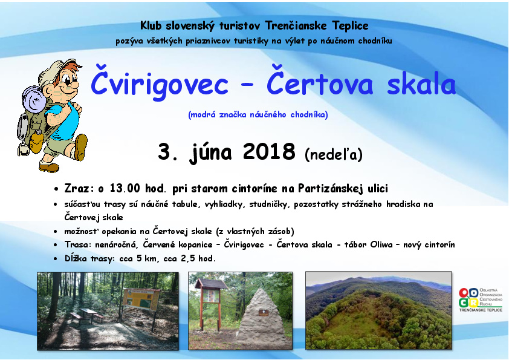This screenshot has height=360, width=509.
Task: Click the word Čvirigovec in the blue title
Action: tap(159, 83)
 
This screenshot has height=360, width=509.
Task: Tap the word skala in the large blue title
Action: tap(421, 84)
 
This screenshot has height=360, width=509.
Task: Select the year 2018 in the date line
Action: tap(269, 151)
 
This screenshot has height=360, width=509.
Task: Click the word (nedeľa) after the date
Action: tap(333, 154)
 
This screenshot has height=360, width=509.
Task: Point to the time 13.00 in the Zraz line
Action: tap(125, 188)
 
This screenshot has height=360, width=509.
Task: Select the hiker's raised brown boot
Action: tap(80, 147)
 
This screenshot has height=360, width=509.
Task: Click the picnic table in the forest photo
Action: tap(87, 315)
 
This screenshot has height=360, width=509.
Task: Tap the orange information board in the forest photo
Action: tap(141, 299)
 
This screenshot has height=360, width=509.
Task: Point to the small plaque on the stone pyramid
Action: tap(263, 313)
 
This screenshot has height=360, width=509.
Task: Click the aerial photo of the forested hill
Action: tap(378, 310)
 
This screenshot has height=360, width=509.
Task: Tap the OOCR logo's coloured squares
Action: tap(468, 298)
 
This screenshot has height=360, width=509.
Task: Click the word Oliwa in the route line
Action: tap(381, 244)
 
